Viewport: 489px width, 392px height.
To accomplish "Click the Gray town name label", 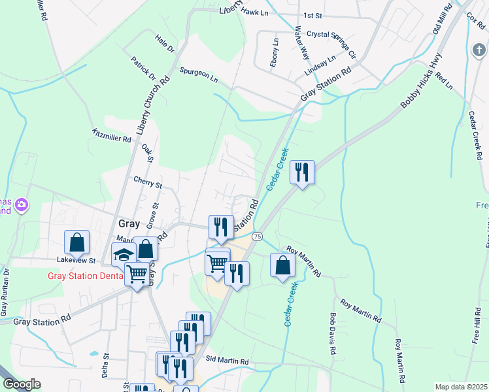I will (129, 223).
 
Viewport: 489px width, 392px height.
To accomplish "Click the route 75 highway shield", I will (258, 235).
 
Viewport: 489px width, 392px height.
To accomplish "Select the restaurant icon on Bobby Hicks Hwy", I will (301, 172).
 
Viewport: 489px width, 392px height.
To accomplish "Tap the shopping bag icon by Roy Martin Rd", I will (282, 265).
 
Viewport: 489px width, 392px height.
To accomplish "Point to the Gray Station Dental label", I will (86, 275).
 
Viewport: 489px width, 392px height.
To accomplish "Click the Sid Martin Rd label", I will (227, 360).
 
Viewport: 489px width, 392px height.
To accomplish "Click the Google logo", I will (21, 384).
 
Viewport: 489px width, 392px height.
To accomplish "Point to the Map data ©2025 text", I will (461, 387).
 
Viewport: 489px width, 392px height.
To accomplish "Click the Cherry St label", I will (147, 181).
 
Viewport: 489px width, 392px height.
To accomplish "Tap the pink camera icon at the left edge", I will (22, 205).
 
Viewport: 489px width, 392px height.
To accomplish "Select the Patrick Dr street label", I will (143, 67).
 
